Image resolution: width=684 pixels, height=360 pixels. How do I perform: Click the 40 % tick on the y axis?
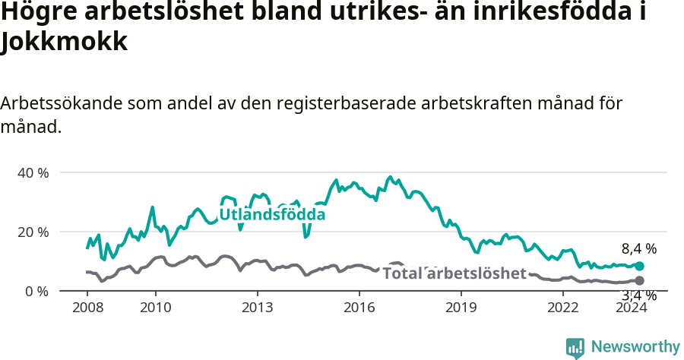coord(33,172)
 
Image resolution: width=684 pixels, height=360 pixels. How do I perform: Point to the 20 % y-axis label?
coord(33,232)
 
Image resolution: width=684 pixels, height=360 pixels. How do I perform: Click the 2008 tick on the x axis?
coord(87,307)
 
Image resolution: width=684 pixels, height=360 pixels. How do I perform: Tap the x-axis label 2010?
coord(155,307)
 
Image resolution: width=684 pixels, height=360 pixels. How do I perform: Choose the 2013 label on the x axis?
coord(257,307)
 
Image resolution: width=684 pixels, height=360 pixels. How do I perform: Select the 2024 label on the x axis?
coord(631,307)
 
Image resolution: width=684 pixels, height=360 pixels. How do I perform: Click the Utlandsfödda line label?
coord(272,215)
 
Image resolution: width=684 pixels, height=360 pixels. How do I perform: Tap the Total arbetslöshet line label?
coord(454,273)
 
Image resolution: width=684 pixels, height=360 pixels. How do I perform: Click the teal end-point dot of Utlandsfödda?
coord(639,267)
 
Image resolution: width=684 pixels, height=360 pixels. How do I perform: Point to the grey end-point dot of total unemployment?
coord(639,281)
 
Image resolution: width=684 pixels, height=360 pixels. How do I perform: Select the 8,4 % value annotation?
coord(638,248)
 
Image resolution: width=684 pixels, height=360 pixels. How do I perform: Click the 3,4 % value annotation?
coord(638,295)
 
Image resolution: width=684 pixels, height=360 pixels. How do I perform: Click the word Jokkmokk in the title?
coord(64,43)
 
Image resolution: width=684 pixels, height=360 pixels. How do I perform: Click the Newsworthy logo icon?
coord(575,347)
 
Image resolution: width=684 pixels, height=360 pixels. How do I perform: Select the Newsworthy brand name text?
coord(635,347)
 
